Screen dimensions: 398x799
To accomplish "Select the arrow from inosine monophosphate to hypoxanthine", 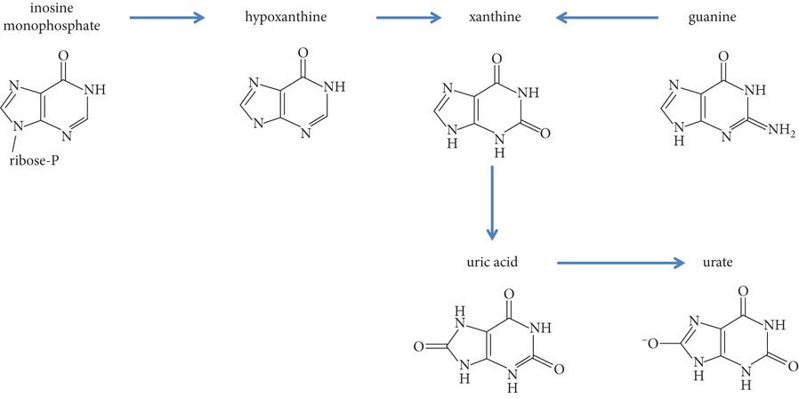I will click(166, 17).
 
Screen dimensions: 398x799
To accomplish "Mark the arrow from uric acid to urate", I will click(620, 263).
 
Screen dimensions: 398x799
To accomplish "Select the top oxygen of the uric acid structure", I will click(509, 293).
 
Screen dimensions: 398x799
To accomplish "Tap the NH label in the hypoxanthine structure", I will click(334, 87).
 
